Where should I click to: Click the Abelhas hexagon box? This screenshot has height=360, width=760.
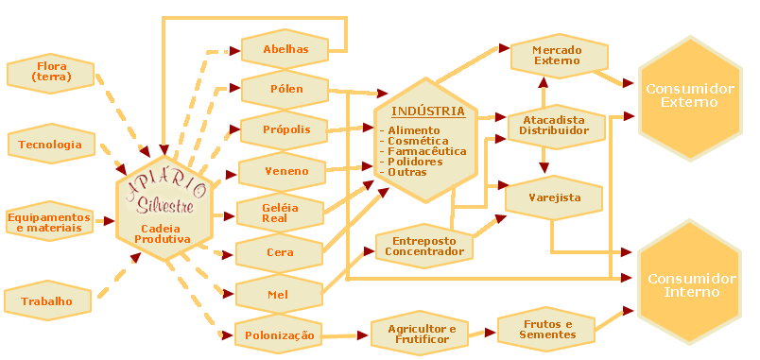tap(285, 49)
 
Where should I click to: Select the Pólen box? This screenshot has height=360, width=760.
tap(285, 89)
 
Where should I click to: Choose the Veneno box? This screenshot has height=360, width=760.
tap(282, 171)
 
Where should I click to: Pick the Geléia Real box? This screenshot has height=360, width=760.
tap(280, 213)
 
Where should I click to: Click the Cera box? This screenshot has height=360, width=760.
tap(280, 252)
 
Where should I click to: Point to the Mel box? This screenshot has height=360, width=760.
tap(279, 294)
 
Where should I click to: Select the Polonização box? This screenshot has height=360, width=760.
tap(279, 335)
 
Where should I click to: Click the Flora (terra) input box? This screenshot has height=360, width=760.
tap(50, 73)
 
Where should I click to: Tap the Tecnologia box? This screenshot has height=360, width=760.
tap(51, 144)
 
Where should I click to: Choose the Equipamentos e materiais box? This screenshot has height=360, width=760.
tap(49, 221)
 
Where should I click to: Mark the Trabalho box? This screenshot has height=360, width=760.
tap(47, 301)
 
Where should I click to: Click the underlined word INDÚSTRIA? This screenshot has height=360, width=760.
tap(428, 111)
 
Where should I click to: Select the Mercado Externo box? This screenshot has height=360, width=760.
tap(559, 55)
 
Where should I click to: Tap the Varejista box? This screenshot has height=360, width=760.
tap(554, 197)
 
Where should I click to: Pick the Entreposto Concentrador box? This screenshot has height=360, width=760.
tap(424, 246)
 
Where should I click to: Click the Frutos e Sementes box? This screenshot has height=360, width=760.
tap(546, 329)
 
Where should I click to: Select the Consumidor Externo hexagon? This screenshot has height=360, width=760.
tap(690, 95)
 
